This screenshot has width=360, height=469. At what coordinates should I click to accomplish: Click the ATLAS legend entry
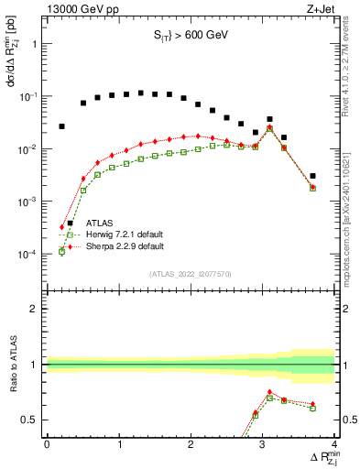point(100,223)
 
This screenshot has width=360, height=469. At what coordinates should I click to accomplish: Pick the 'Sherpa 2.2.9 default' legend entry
point(125,246)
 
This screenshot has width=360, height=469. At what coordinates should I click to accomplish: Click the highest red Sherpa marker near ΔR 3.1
point(269,127)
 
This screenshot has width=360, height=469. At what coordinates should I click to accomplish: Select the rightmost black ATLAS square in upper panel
point(312,175)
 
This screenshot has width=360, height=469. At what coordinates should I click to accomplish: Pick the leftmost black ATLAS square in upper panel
point(61,126)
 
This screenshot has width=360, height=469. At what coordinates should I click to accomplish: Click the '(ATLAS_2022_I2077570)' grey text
point(190,272)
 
